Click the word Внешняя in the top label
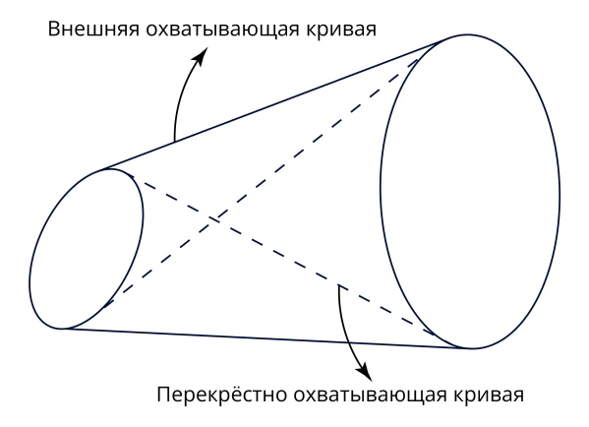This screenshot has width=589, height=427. coord(93,29)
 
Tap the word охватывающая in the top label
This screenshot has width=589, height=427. coord(222,30)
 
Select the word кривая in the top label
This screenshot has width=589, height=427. coord(341,30)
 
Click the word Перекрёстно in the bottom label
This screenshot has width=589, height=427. coord(221,395)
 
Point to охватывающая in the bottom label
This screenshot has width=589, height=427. coord(370,396)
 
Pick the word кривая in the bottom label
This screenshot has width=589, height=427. coord(489,396)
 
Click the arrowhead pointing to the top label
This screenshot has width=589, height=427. coord(202,56)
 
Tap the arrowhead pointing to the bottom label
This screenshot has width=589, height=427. coord(365,372)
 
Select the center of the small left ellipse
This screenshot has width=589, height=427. coord(87,249)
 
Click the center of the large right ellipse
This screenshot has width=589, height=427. coord(470,192)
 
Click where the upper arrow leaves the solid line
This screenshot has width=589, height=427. coord(174,142)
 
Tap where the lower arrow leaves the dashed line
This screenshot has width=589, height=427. coord(339,285)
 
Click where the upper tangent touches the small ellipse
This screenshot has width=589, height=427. coord(101,170)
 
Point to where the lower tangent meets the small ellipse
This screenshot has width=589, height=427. coord(62,329)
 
